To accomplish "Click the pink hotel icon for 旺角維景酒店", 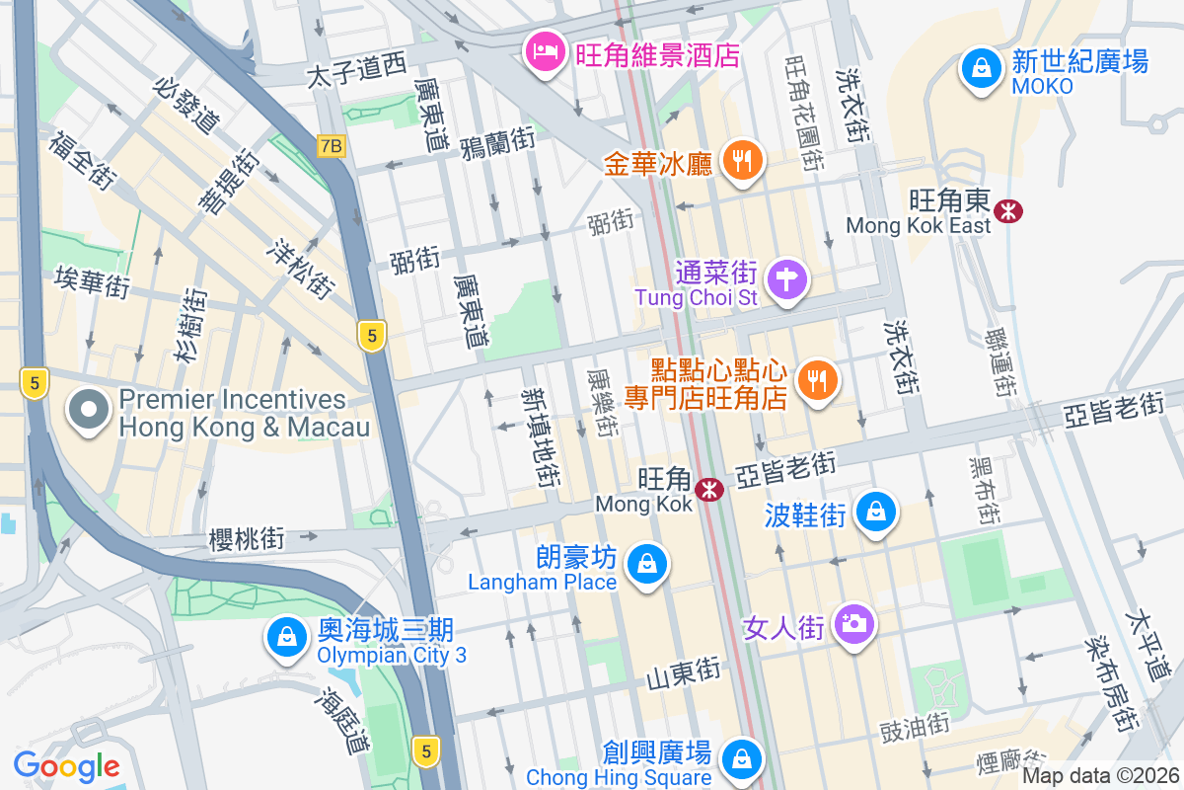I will click(x=544, y=51).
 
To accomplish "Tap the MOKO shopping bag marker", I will click(x=981, y=69).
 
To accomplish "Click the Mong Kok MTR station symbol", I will click(x=707, y=489).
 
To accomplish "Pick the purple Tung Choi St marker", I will click(x=787, y=279).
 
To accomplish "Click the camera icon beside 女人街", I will click(x=853, y=624).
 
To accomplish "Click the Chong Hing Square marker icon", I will click(x=740, y=759).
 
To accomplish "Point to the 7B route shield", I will click(x=332, y=146).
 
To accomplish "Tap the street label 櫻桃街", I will click(x=247, y=539).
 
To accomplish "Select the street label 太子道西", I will click(x=356, y=70).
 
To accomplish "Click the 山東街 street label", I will click(x=684, y=674).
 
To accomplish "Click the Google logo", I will click(x=66, y=765).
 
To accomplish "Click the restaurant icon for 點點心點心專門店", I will click(x=815, y=381).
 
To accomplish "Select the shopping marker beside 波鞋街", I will click(x=875, y=512).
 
